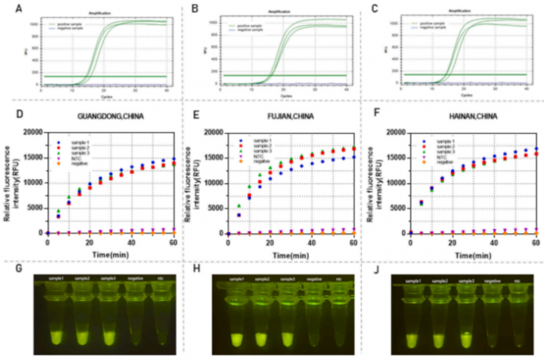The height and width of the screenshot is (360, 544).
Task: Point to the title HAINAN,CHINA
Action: click(x=460, y=116)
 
